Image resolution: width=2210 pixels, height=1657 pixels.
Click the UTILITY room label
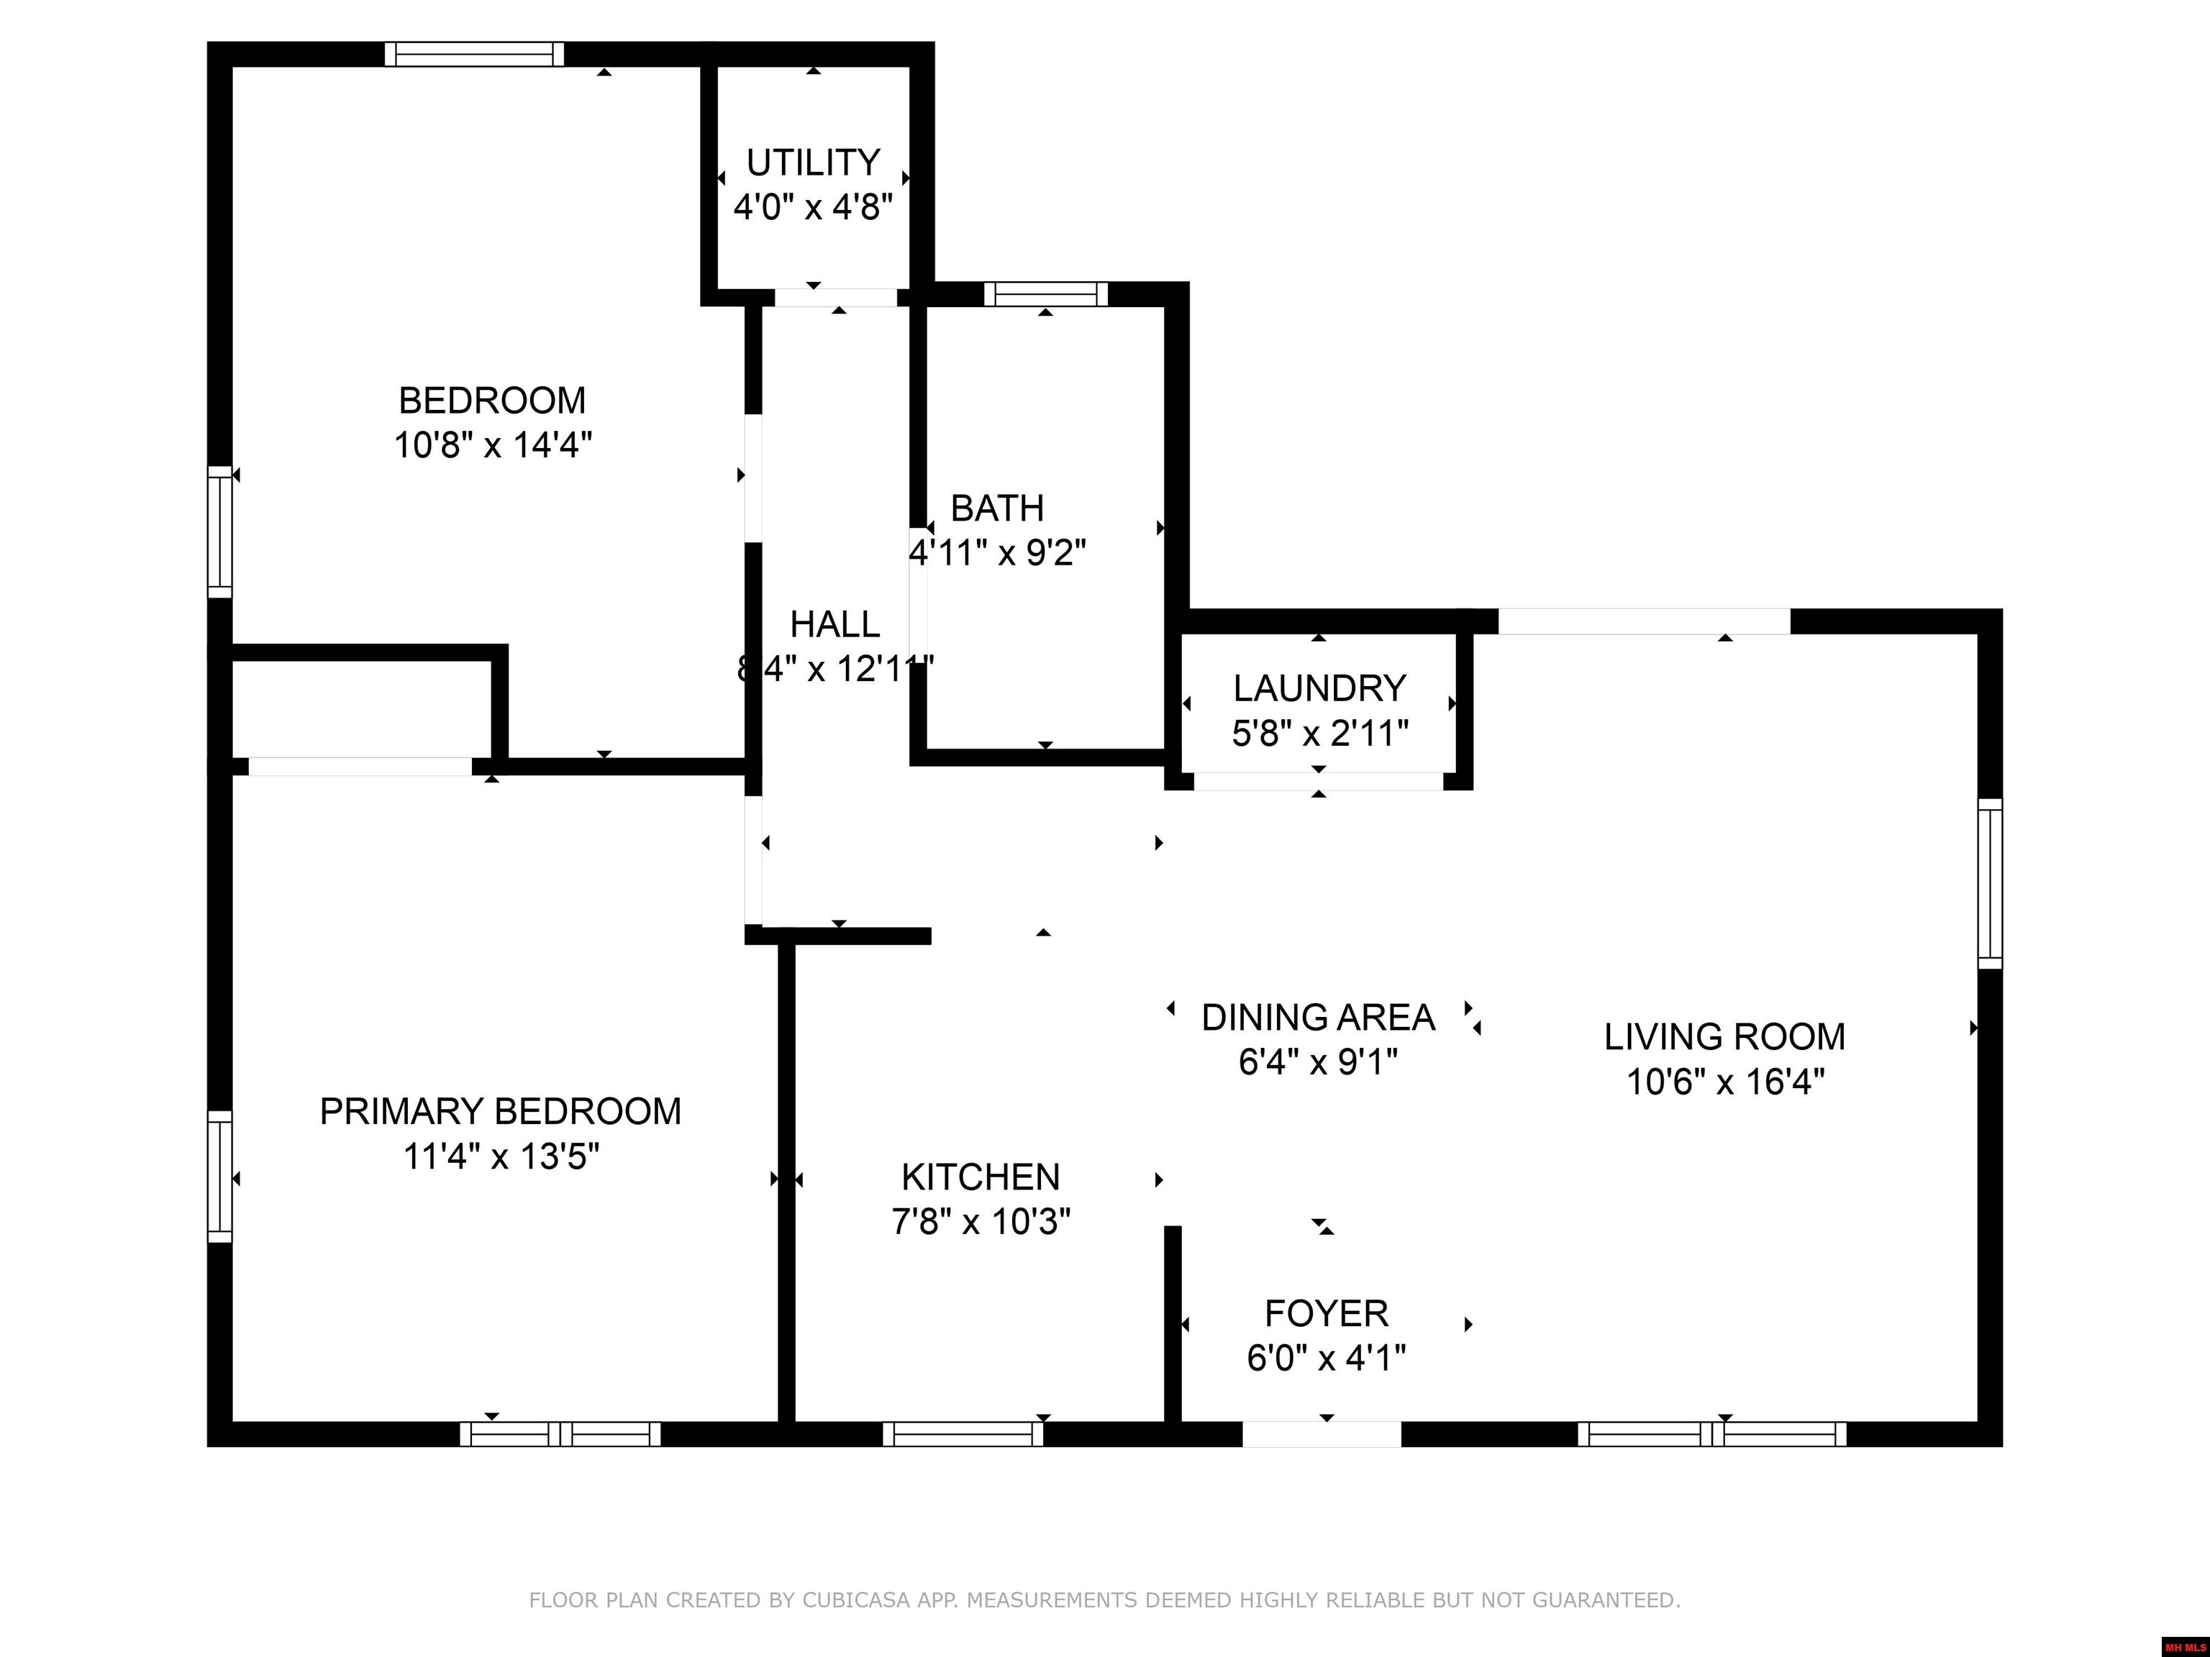pyautogui.click(x=812, y=162)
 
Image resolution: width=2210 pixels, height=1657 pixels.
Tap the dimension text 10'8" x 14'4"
pyautogui.click(x=493, y=445)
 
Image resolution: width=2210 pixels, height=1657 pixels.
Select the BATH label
pyautogui.click(x=996, y=508)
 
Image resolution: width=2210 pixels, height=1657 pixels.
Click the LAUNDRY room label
pyautogui.click(x=1319, y=688)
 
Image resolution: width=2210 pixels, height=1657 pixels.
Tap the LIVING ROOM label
pyautogui.click(x=1724, y=1037)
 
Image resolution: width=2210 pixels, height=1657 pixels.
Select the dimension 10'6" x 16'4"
pyautogui.click(x=1724, y=1082)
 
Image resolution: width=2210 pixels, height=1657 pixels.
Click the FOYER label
pyautogui.click(x=1326, y=1313)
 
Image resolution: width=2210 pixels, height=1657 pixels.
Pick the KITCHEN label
pyautogui.click(x=980, y=1177)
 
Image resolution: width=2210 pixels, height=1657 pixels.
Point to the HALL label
pyautogui.click(x=835, y=624)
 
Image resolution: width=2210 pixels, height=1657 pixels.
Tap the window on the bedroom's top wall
pyautogui.click(x=475, y=54)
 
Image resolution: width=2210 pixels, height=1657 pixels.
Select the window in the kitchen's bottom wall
pyautogui.click(x=962, y=1434)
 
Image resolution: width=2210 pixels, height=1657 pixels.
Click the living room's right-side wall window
pyautogui.click(x=1990, y=883)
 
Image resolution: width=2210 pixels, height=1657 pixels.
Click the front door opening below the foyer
pyautogui.click(x=1321, y=1434)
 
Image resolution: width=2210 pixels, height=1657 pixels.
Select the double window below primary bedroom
pyautogui.click(x=560, y=1434)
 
